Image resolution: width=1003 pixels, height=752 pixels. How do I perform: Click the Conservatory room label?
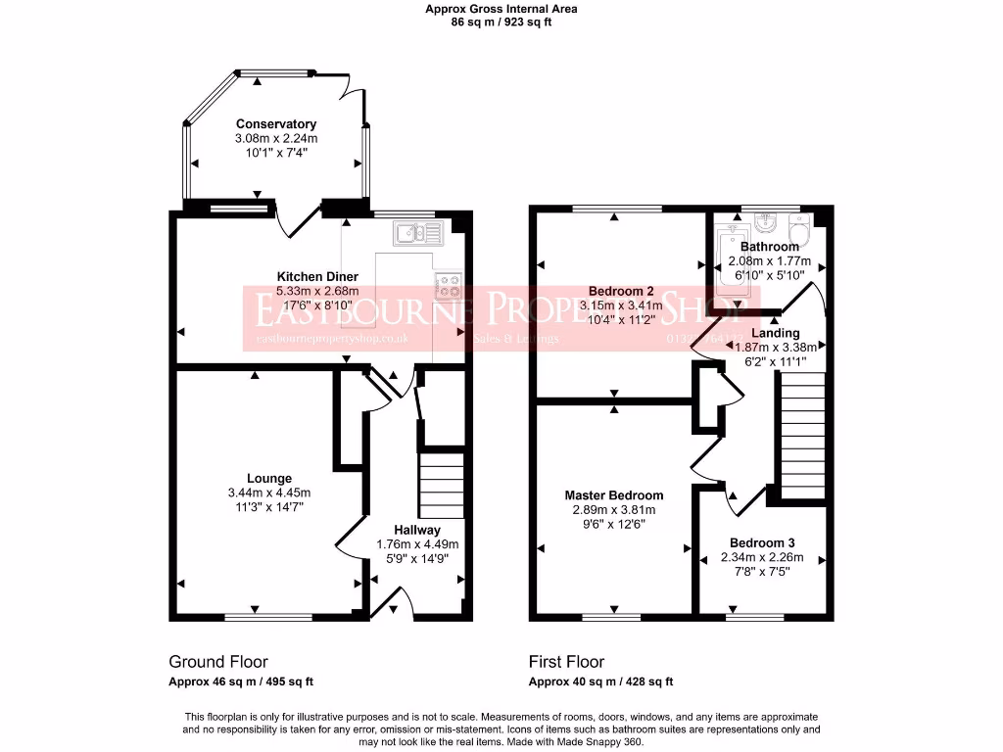pos(275,124)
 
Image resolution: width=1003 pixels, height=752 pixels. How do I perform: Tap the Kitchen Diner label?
pos(317,277)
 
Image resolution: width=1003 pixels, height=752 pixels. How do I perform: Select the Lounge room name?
pos(268,479)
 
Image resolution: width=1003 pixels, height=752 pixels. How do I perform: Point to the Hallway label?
pos(417,530)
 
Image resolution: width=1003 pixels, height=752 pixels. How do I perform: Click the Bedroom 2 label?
pos(621,291)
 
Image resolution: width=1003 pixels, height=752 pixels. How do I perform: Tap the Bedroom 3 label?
pos(762,543)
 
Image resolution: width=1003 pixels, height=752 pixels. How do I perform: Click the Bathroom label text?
pos(769,247)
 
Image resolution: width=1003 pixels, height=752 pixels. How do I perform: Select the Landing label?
pos(775,333)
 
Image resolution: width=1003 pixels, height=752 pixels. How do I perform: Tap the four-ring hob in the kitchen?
pos(449,285)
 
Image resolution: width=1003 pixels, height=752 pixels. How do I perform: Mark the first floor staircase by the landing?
pos(800,438)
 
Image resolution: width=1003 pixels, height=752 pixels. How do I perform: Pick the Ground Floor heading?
pos(218,662)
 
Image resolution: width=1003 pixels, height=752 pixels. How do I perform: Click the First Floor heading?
pos(566,662)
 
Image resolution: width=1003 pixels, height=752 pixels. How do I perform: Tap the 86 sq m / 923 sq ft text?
pos(501,22)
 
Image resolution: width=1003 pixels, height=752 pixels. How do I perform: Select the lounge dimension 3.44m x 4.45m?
pos(268,493)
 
